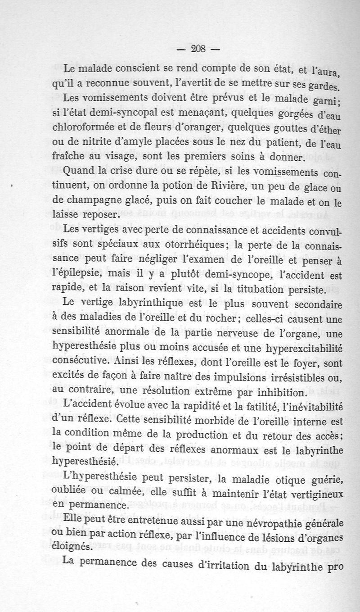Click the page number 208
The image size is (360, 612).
coord(198,50)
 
